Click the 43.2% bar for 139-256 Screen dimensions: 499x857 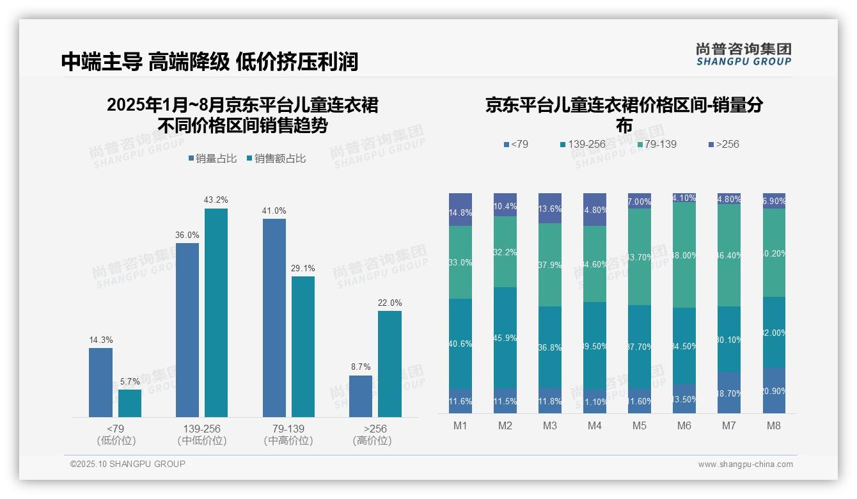click(x=216, y=313)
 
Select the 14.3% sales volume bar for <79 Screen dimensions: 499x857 click(x=100, y=382)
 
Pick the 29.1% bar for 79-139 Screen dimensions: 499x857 click(x=303, y=346)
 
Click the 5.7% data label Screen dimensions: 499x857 click(x=130, y=381)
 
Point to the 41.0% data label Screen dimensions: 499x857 click(x=274, y=210)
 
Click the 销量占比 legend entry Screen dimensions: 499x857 click(x=212, y=159)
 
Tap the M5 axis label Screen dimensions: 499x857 click(x=640, y=425)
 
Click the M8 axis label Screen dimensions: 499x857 click(x=774, y=425)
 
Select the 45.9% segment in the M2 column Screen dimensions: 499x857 click(x=505, y=337)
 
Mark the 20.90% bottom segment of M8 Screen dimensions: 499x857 click(x=774, y=390)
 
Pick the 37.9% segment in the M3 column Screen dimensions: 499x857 click(x=550, y=264)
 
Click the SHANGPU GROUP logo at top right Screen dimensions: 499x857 click(x=743, y=54)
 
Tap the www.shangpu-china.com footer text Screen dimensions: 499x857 click(x=745, y=464)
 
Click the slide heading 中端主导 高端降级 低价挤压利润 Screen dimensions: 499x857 click(x=210, y=61)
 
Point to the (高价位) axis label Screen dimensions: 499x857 click(x=372, y=441)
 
